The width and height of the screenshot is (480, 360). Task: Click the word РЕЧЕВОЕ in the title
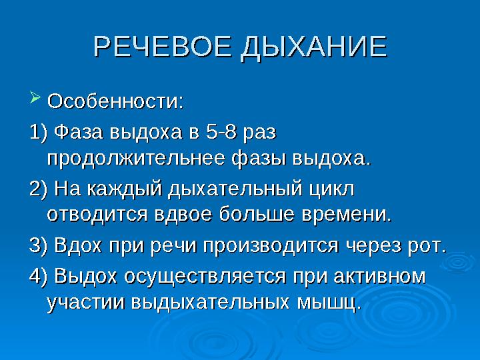coord(162,47)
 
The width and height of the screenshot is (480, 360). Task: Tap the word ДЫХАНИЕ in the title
coord(314,48)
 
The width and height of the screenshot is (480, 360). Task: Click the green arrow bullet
coord(35,97)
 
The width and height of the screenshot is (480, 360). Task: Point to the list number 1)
coord(39,133)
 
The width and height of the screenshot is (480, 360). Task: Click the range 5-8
coord(221,133)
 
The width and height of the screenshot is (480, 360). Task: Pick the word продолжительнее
coord(136,159)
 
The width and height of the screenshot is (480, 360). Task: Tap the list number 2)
coord(39,189)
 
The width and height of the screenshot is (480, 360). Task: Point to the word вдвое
coord(183,214)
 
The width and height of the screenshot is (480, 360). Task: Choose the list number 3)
coord(39,245)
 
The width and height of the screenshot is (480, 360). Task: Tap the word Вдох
coord(77,245)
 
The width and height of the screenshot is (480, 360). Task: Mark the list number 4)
coord(39,276)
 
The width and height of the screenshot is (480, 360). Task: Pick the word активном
coord(379,277)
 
